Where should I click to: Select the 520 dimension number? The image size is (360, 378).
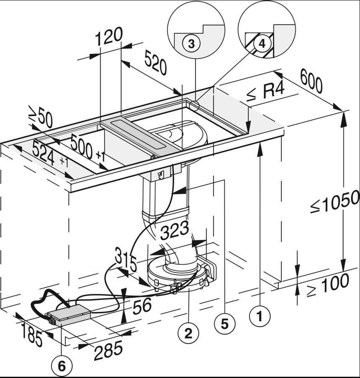tap(156, 63)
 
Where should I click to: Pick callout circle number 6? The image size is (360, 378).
tap(62, 366)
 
